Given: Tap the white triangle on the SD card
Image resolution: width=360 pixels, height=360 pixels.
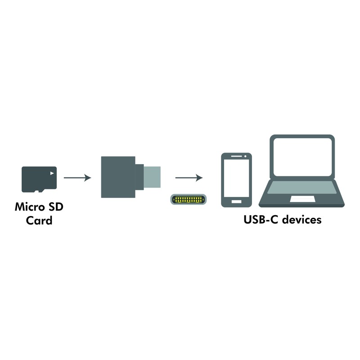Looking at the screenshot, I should point(53,172).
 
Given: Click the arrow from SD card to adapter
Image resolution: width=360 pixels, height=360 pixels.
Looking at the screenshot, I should point(77,178).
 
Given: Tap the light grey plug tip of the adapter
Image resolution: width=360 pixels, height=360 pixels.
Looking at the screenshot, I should point(153,177).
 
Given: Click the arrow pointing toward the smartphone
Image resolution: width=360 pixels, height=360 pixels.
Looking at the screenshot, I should point(188,178).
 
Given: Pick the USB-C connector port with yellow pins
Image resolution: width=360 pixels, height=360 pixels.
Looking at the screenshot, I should point(189,199).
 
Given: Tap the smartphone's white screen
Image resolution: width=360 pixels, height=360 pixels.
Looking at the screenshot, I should point(236,178).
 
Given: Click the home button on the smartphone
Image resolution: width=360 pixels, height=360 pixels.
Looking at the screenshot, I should point(236,202).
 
